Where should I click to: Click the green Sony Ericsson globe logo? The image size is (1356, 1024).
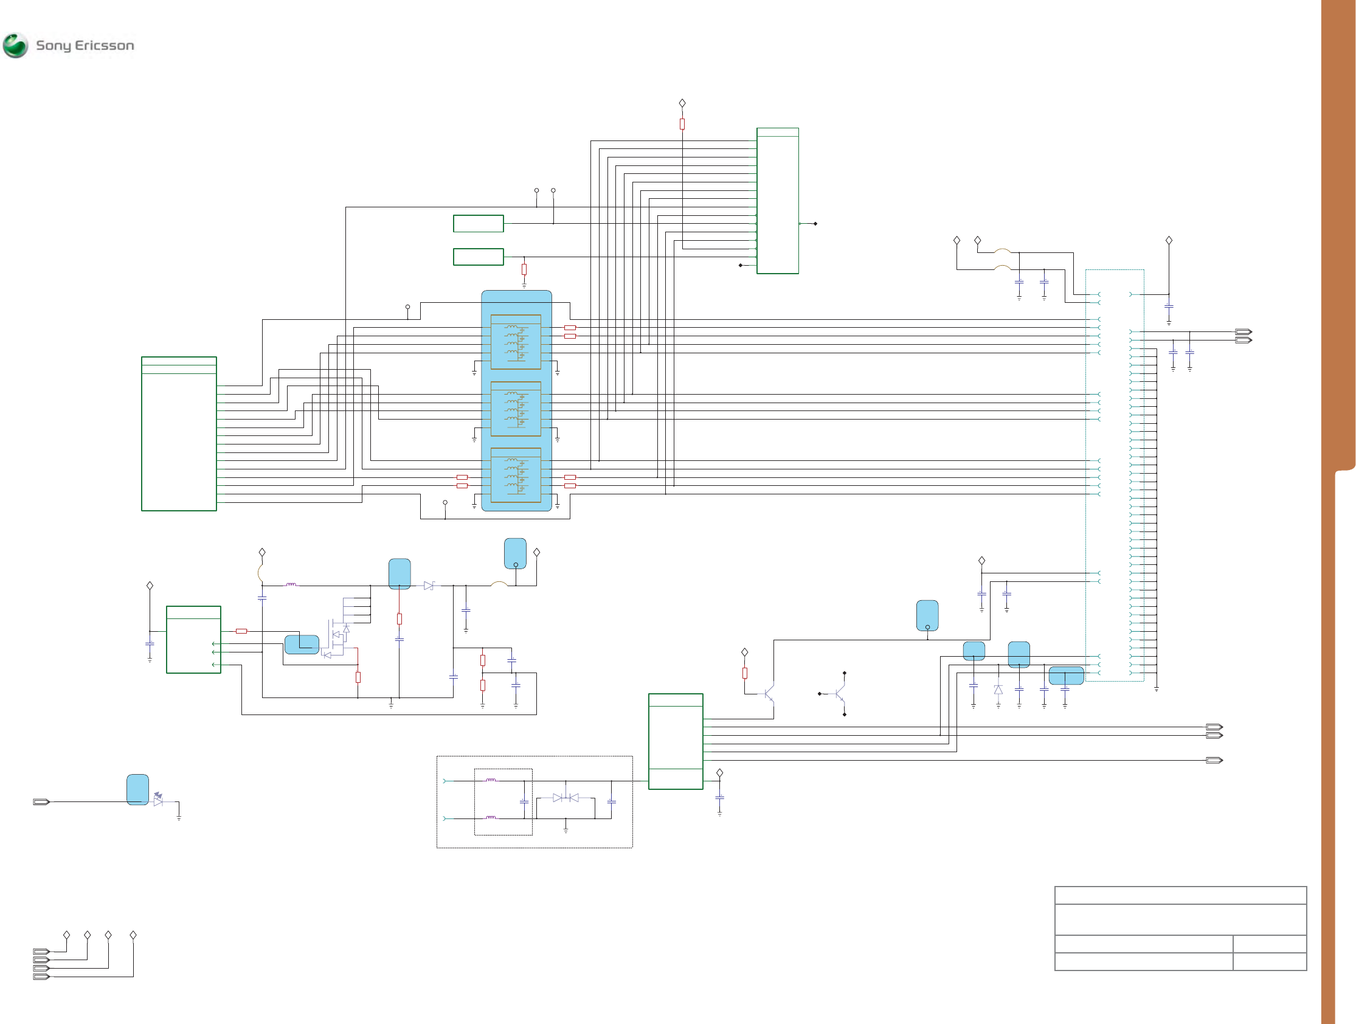[x=15, y=46]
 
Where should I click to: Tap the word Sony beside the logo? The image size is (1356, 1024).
[x=54, y=46]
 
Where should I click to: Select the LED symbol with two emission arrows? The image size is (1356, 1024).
[x=158, y=800]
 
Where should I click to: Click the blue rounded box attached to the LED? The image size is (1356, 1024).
[x=137, y=789]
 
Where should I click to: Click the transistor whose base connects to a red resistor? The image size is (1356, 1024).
[x=769, y=694]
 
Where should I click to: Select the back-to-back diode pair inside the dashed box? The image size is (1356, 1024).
[x=566, y=798]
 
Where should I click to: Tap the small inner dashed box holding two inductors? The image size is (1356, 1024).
[x=503, y=802]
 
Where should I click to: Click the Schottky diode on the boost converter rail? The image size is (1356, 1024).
[x=429, y=586]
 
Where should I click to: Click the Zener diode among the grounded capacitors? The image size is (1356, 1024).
[x=998, y=690]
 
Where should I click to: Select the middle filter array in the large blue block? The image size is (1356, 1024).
[x=516, y=409]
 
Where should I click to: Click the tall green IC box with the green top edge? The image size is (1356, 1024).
[x=777, y=201]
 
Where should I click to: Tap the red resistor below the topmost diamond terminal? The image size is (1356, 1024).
[x=682, y=124]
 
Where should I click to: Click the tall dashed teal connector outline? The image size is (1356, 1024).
[x=1115, y=475]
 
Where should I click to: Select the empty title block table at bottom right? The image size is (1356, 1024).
[x=1180, y=929]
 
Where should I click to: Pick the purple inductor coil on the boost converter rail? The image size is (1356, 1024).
[x=291, y=585]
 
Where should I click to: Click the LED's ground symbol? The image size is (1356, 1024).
[x=179, y=817]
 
